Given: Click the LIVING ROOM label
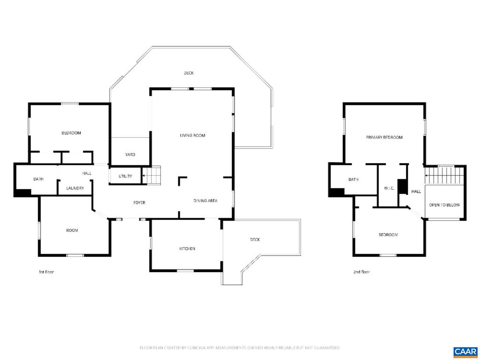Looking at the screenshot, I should [x=192, y=135].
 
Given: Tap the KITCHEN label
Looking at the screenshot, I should [x=187, y=249].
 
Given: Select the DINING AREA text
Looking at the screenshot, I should [x=205, y=201].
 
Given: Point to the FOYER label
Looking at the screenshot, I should [x=139, y=203].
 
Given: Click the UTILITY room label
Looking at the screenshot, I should [x=125, y=176].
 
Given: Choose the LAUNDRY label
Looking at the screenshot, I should [x=75, y=188].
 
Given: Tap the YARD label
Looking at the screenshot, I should [x=130, y=155].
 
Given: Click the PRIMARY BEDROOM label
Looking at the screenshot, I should [x=384, y=137].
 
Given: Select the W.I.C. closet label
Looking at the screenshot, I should [x=389, y=188].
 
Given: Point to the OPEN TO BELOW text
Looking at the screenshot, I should [x=444, y=205].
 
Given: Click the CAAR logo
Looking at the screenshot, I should [x=465, y=352].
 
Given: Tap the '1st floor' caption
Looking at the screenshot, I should [x=46, y=272].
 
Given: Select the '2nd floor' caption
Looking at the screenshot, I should [x=361, y=272].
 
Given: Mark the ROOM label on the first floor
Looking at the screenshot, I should [x=72, y=230].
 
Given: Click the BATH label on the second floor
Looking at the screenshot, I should [x=353, y=180].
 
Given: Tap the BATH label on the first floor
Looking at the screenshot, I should [x=38, y=179].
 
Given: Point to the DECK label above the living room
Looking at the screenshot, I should [x=189, y=73].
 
